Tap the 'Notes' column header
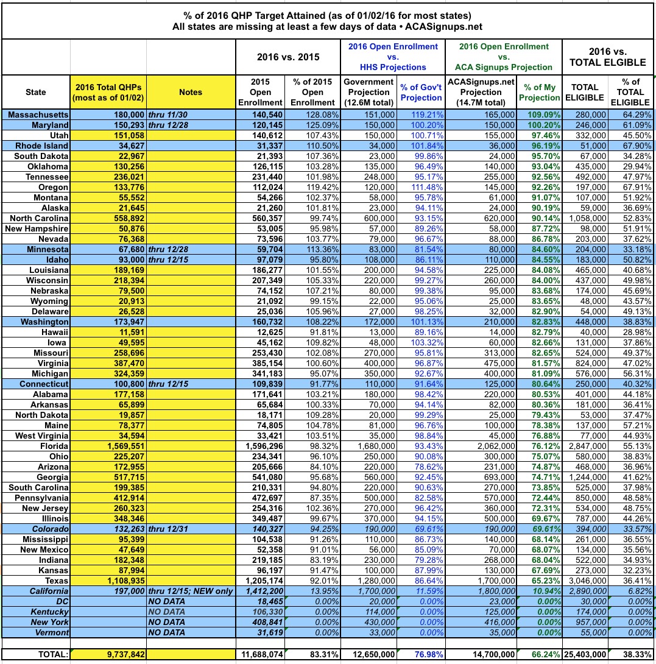tap(191, 92)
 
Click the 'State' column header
tap(36, 92)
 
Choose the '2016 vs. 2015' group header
tap(287, 57)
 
